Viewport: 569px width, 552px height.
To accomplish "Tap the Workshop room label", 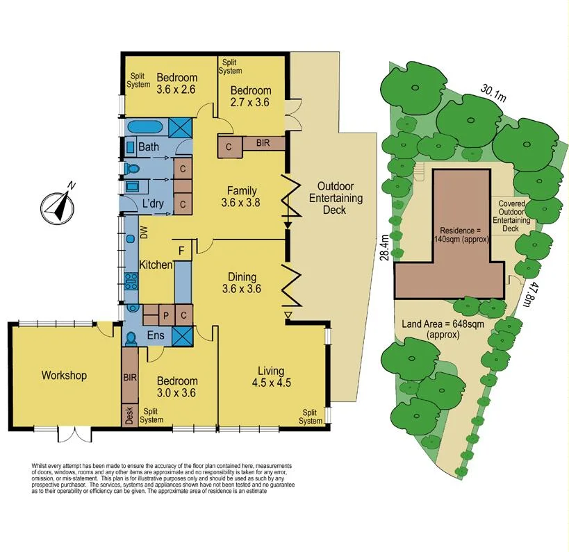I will [x=64, y=376].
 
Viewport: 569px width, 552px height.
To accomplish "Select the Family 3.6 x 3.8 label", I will [x=239, y=197].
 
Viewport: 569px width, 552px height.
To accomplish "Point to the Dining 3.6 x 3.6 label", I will [x=241, y=283].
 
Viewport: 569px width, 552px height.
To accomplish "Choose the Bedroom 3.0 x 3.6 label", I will [x=176, y=387].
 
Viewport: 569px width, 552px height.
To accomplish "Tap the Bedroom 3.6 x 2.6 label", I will [x=176, y=83].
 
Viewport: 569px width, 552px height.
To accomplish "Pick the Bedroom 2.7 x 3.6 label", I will [x=250, y=97].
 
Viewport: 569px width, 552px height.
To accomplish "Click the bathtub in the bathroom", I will [x=146, y=128].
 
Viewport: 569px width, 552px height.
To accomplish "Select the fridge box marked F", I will [x=182, y=251].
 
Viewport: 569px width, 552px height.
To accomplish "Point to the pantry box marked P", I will [x=166, y=315].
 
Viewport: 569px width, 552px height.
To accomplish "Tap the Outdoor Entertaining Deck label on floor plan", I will [x=340, y=199].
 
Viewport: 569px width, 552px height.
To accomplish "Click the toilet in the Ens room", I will [x=131, y=338].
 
